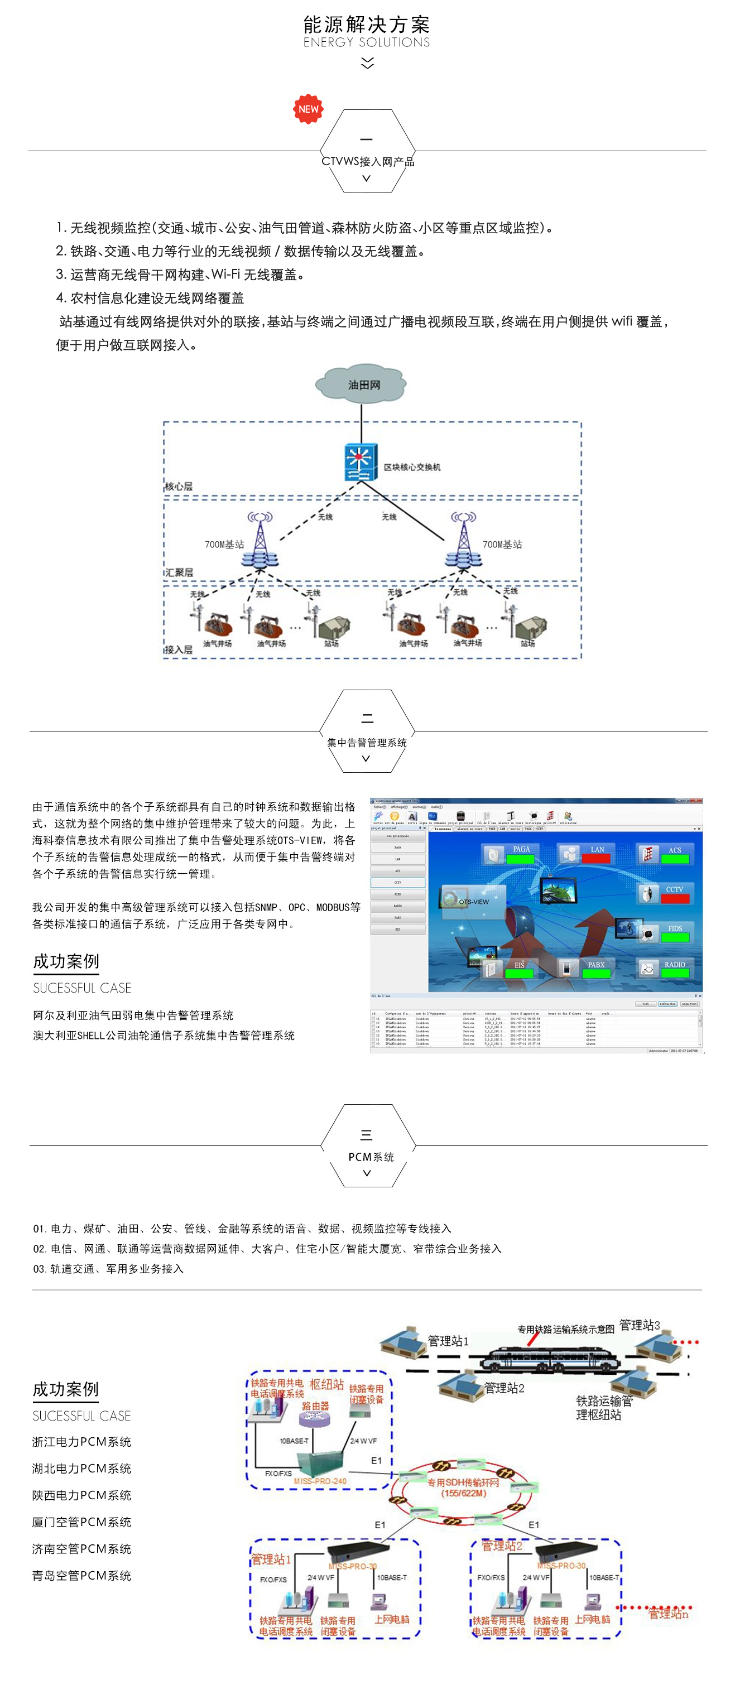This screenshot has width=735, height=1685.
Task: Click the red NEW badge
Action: tap(308, 109)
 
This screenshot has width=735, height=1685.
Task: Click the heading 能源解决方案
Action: tap(367, 25)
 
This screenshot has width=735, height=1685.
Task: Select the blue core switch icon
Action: tap(361, 462)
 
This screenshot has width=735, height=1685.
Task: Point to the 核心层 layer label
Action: tap(179, 486)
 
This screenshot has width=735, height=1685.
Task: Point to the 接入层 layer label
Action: tap(179, 649)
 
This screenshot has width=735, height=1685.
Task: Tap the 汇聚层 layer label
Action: tap(179, 572)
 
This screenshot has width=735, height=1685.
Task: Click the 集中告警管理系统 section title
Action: tap(367, 743)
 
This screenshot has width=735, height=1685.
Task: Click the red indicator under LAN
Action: tap(595, 859)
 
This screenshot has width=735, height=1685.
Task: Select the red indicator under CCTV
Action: tap(675, 899)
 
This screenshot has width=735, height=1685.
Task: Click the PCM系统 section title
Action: tap(371, 1157)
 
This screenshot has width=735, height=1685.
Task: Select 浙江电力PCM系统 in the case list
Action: tap(82, 1442)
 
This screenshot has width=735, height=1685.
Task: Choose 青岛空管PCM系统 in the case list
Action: tap(82, 1576)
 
